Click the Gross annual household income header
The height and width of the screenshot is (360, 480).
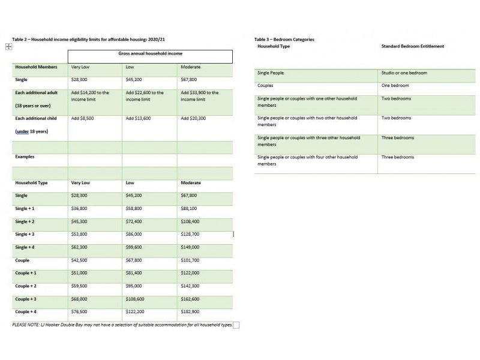[151, 53]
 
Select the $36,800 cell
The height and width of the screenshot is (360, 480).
[79, 208]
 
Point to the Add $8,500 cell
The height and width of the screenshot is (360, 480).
[82, 119]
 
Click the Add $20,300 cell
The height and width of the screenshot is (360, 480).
[193, 119]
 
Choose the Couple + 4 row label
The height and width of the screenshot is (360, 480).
[26, 311]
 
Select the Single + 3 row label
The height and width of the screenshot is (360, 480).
[25, 234]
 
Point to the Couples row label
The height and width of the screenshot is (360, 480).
[265, 86]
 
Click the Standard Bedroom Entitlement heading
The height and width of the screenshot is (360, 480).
[413, 46]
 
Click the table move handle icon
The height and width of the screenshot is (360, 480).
[8, 46]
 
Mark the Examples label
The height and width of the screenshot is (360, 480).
[25, 157]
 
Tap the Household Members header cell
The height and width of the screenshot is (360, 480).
[36, 67]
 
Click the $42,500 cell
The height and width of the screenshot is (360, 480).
[79, 260]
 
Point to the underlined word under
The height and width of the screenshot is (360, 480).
[22, 130]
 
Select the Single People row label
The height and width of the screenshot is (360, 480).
[271, 73]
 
